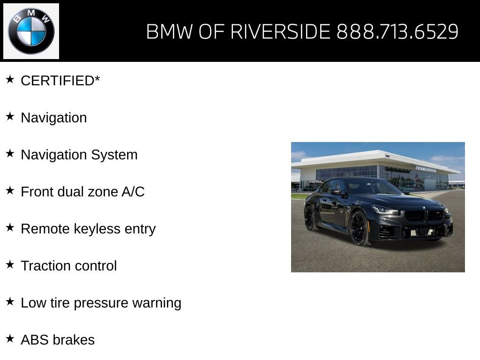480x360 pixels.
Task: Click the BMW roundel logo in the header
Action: coord(31,31)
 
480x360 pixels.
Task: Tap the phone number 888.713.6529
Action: coord(397,32)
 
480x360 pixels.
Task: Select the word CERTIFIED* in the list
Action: coord(60,81)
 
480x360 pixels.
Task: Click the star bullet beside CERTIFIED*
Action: coord(10,79)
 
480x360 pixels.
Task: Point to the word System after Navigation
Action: coord(114,155)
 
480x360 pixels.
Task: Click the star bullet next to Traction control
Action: coord(10,264)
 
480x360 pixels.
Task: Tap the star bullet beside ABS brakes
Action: coord(10,338)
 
